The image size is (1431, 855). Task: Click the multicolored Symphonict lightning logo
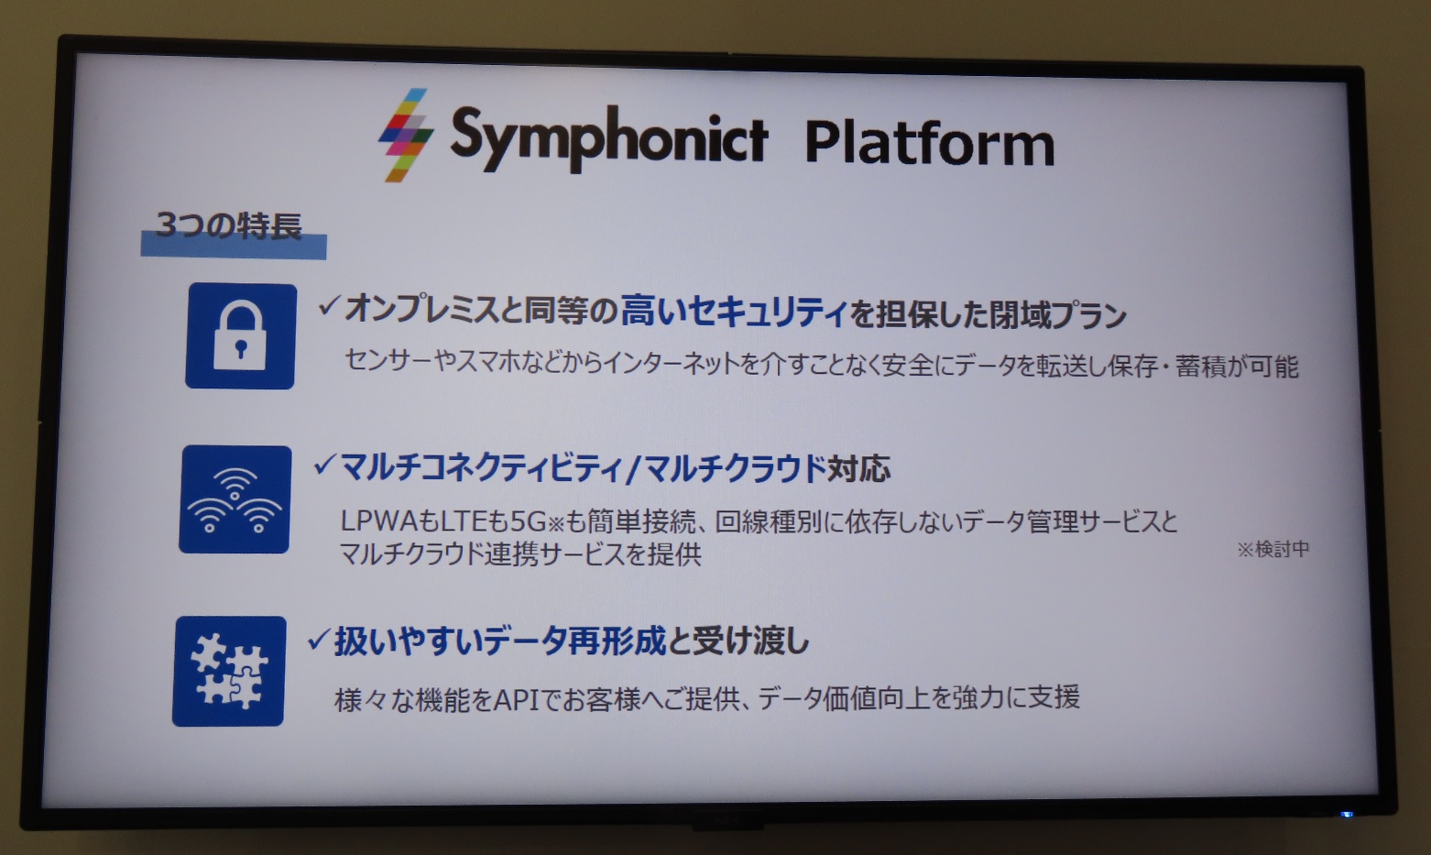tap(406, 135)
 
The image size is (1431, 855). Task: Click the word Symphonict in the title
tap(609, 138)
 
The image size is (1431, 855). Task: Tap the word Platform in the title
tap(930, 143)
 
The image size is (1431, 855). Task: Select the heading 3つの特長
tap(228, 225)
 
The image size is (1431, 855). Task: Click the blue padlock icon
tap(241, 336)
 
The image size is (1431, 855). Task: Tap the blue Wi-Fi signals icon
tap(235, 499)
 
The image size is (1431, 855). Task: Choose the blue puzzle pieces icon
tap(229, 671)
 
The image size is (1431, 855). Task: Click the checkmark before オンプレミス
tap(330, 306)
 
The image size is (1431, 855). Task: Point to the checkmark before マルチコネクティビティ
tap(325, 465)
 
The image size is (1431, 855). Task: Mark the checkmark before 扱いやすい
tap(320, 639)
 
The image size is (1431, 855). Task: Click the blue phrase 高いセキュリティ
tap(735, 312)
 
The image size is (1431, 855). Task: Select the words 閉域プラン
tap(1057, 315)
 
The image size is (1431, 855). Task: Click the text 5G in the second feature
tap(529, 522)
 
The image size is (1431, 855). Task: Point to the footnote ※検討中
tap(1273, 549)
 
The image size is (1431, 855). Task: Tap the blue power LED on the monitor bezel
tap(1347, 815)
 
